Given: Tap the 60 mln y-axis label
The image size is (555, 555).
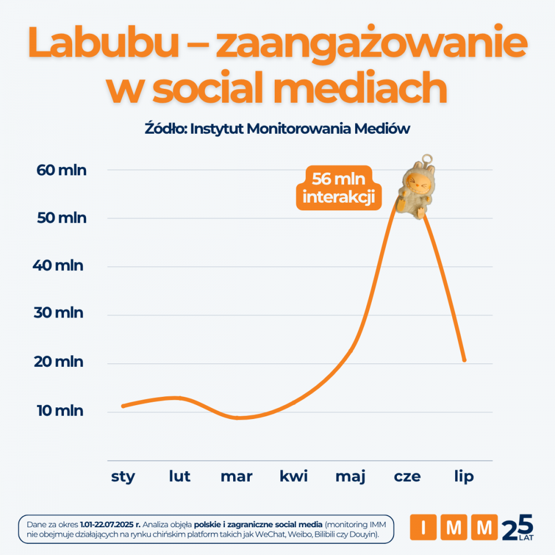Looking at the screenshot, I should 62,170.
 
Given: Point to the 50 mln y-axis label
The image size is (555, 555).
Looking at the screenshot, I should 62,218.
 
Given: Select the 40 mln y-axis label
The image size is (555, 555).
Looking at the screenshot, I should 58,266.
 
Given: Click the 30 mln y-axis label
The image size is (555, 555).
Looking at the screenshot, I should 58,314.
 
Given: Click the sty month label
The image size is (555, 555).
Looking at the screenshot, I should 123,477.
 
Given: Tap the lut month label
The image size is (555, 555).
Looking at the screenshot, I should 180,476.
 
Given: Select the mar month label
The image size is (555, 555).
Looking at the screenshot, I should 236,477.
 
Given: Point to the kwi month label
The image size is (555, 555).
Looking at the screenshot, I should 294,476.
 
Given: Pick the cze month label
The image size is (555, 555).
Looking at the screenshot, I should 407,477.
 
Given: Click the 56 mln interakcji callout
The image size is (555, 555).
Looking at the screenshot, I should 339,189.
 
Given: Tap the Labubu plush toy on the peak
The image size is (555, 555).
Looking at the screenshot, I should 417,189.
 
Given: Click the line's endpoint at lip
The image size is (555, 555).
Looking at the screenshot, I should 464,360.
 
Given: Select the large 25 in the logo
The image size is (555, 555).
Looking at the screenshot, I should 517,526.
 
